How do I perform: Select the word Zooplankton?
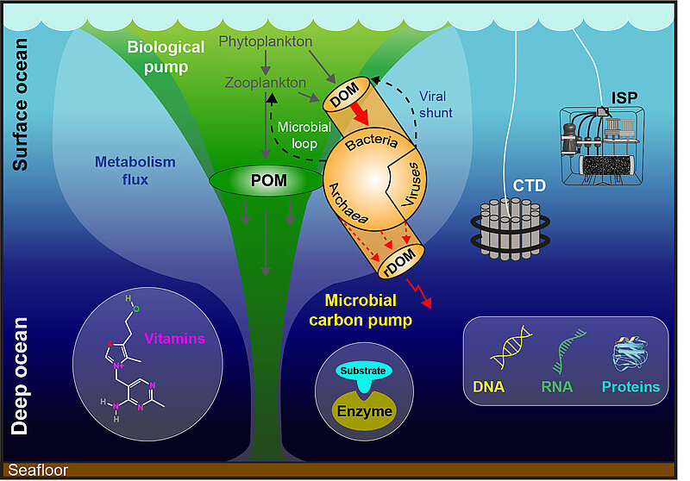(267, 82)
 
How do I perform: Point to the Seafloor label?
(37, 471)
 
